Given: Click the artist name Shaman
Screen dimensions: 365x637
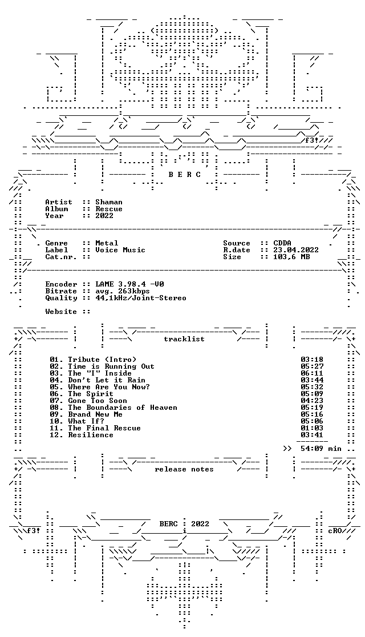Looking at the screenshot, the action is (x=109, y=202).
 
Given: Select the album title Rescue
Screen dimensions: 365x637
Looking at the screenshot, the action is (x=109, y=209).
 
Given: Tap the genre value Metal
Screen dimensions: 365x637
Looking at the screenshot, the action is (x=107, y=243).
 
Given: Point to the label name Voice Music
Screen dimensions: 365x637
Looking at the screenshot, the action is (x=120, y=250).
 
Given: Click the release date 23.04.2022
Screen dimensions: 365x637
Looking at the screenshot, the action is (x=296, y=250).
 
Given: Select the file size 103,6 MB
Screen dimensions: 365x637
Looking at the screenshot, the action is (x=291, y=257).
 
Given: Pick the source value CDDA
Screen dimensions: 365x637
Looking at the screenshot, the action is (x=282, y=243).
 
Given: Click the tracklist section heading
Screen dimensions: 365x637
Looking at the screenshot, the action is (x=184, y=339).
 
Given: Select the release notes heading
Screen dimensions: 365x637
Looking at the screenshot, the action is (x=184, y=469).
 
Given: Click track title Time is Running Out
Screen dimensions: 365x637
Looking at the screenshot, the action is (x=111, y=366).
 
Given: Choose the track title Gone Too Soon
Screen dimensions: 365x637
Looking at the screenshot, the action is (x=98, y=401).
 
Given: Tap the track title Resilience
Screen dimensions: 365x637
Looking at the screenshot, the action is (x=91, y=435).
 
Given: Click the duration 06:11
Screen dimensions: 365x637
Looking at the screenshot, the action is (x=312, y=373).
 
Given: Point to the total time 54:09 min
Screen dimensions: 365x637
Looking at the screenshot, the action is (x=321, y=449).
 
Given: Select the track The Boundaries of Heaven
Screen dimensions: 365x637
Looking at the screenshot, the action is (x=123, y=408).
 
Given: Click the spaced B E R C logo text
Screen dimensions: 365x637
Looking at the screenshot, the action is (x=184, y=175).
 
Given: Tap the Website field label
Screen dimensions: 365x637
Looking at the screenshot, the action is (x=61, y=312).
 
